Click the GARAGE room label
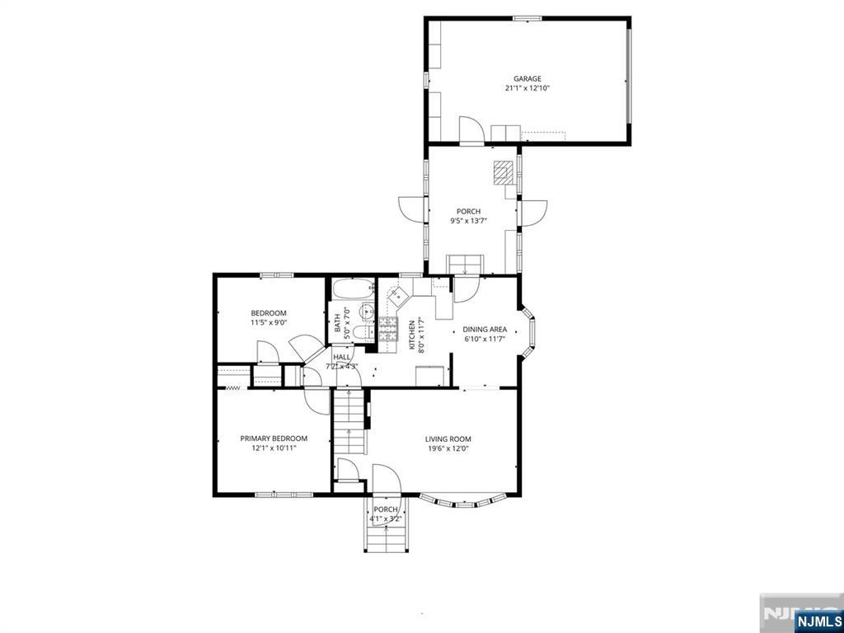[x=527, y=79]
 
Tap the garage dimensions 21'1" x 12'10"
[x=527, y=88]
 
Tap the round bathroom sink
[x=367, y=312]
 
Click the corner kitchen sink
[x=400, y=296]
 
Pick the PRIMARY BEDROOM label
[x=274, y=438]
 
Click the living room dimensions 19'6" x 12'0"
[x=448, y=449]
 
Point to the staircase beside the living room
[x=349, y=422]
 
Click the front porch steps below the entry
[x=386, y=535]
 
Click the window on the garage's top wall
[x=527, y=17]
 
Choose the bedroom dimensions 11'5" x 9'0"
[x=269, y=323]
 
